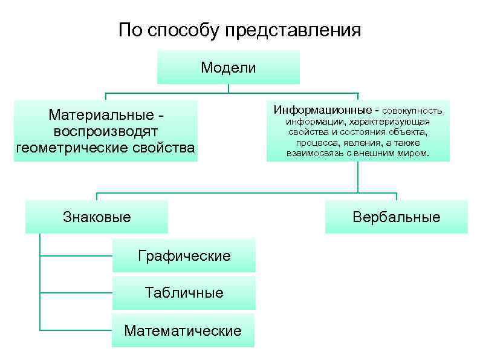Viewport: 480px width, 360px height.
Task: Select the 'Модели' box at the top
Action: [x=229, y=67]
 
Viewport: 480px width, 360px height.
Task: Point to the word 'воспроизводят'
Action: [x=106, y=131]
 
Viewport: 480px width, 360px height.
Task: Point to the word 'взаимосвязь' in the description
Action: [x=314, y=153]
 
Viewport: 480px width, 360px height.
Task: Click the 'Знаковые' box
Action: [x=97, y=217]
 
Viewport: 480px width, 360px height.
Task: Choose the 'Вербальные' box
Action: [x=397, y=217]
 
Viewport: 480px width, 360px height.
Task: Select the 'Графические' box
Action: [x=184, y=255]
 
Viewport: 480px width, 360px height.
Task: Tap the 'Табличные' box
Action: [x=184, y=293]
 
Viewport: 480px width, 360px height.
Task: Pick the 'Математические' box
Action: [x=183, y=330]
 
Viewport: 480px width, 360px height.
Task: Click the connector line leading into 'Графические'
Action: [x=76, y=256]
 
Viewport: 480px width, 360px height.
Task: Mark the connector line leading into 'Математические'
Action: [x=76, y=330]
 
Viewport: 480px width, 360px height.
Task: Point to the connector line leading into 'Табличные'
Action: [x=76, y=293]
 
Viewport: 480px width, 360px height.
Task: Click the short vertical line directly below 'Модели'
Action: [x=229, y=88]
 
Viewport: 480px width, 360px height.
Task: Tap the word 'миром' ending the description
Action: [x=414, y=153]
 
